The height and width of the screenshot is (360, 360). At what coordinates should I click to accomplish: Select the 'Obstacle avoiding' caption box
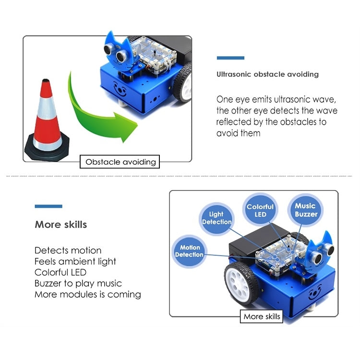point(120,162)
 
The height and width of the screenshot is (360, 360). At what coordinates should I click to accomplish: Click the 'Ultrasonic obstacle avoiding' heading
point(267,74)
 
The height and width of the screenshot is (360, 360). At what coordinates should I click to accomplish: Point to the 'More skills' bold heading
point(60,225)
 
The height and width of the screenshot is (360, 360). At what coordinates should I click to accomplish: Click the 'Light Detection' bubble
point(216,218)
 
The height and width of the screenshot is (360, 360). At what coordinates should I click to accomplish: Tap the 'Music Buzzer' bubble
point(306,210)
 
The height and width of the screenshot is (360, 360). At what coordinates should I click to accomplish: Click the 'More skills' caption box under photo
point(262,316)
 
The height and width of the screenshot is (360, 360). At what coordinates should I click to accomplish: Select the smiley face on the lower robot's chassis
point(315,291)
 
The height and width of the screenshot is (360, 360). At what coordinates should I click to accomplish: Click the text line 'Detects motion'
point(68,250)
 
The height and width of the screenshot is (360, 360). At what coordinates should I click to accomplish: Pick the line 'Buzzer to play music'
point(78,283)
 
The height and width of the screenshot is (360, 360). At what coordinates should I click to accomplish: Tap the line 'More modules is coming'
point(87,294)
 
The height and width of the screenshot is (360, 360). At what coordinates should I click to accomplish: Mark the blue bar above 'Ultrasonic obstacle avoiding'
point(230,58)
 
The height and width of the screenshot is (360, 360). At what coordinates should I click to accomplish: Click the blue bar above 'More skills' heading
point(48,206)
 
